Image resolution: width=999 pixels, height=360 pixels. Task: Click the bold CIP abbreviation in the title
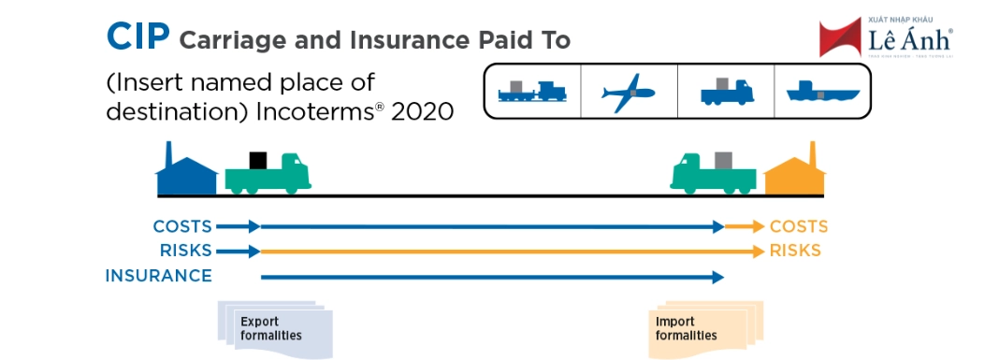tap(138, 38)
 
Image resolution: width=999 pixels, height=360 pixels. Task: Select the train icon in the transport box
tap(532, 92)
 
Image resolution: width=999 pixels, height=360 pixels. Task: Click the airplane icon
tap(629, 93)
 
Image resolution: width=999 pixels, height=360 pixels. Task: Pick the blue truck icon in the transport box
tap(727, 92)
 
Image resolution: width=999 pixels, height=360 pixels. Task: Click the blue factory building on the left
tap(185, 174)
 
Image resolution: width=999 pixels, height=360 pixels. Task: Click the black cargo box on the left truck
tap(258, 160)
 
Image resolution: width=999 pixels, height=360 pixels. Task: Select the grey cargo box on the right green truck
tap(722, 160)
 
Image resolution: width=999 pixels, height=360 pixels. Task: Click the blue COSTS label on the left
tap(182, 227)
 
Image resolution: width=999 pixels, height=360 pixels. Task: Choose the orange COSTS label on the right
tap(799, 227)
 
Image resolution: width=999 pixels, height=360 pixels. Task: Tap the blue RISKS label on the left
tap(184, 251)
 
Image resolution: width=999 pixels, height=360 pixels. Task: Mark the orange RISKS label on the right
tap(795, 251)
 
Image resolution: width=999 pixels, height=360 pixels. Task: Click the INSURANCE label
tap(159, 276)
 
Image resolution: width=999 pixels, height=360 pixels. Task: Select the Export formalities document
tap(272, 328)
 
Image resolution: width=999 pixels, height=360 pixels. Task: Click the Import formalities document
tap(703, 328)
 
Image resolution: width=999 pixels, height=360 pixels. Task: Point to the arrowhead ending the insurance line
tap(718, 277)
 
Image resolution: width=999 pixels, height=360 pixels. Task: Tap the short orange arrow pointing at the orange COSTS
tap(746, 227)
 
